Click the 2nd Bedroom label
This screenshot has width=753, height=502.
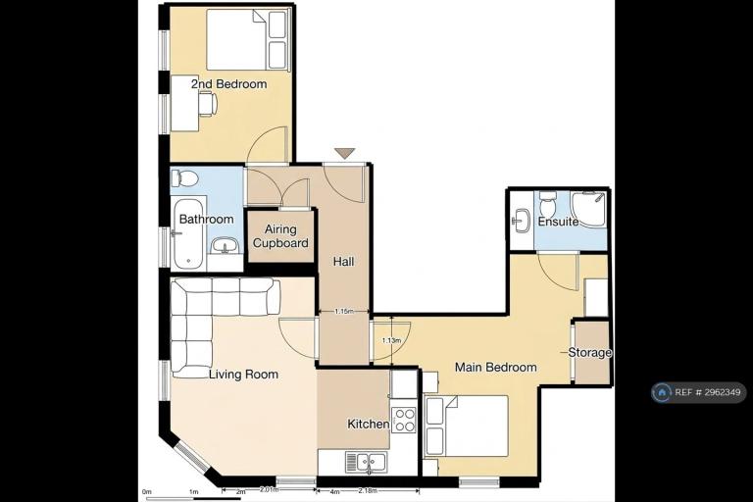click(x=229, y=84)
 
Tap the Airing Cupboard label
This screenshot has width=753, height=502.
click(x=280, y=236)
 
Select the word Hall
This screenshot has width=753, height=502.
click(x=344, y=262)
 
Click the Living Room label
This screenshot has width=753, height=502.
click(x=243, y=375)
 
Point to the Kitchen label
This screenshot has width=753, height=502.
click(x=369, y=425)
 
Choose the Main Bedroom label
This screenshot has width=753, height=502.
click(x=495, y=368)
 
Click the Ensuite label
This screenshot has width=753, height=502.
click(x=558, y=222)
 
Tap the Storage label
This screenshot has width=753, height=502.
click(x=589, y=353)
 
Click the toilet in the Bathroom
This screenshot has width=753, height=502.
click(x=185, y=178)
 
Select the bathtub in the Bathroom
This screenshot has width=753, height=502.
click(x=189, y=234)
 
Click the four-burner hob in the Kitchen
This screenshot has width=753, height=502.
click(x=404, y=420)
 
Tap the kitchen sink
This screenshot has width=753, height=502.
click(x=366, y=462)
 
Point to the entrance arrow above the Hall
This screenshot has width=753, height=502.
click(x=345, y=154)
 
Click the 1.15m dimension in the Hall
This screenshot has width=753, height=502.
click(x=344, y=311)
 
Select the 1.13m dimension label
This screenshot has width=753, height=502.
click(x=391, y=340)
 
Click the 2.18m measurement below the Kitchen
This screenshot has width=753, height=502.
click(x=369, y=491)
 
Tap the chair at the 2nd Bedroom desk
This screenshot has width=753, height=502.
click(x=208, y=103)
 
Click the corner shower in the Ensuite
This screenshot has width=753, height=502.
click(x=589, y=210)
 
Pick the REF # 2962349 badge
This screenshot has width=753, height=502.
click(x=699, y=392)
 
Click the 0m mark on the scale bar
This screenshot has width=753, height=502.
click(x=147, y=492)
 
